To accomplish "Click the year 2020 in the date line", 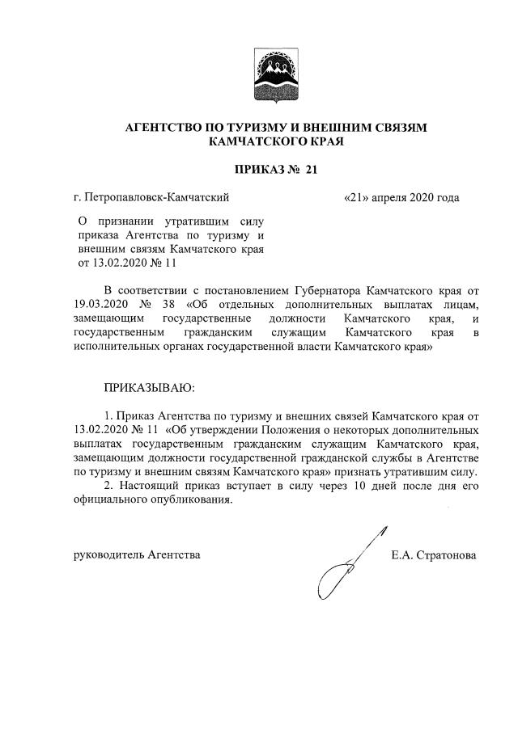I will (x=422, y=196).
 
